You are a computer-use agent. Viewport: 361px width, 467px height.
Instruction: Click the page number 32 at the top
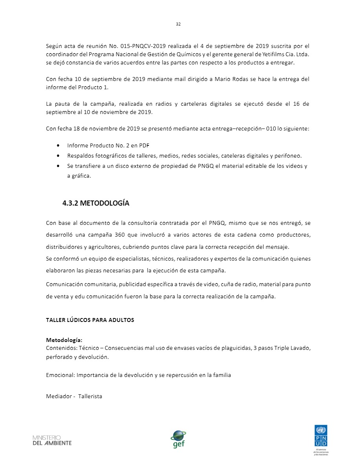point(178,24)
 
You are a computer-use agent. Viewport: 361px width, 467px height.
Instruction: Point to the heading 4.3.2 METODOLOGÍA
point(96,203)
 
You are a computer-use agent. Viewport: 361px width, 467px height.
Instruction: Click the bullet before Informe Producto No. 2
point(59,145)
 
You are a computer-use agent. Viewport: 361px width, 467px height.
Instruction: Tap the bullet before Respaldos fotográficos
point(59,156)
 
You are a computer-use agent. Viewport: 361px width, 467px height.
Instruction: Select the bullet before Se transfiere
point(59,166)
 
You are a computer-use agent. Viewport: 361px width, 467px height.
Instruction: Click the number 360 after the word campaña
point(120,235)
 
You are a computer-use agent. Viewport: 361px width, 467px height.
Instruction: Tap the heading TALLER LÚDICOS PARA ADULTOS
point(90,320)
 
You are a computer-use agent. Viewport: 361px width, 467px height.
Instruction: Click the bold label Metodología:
point(64,340)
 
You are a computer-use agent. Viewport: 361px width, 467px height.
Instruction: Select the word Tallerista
point(90,396)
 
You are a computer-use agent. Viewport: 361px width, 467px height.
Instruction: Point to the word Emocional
point(60,375)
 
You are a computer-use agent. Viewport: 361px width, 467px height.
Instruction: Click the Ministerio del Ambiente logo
point(52,440)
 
